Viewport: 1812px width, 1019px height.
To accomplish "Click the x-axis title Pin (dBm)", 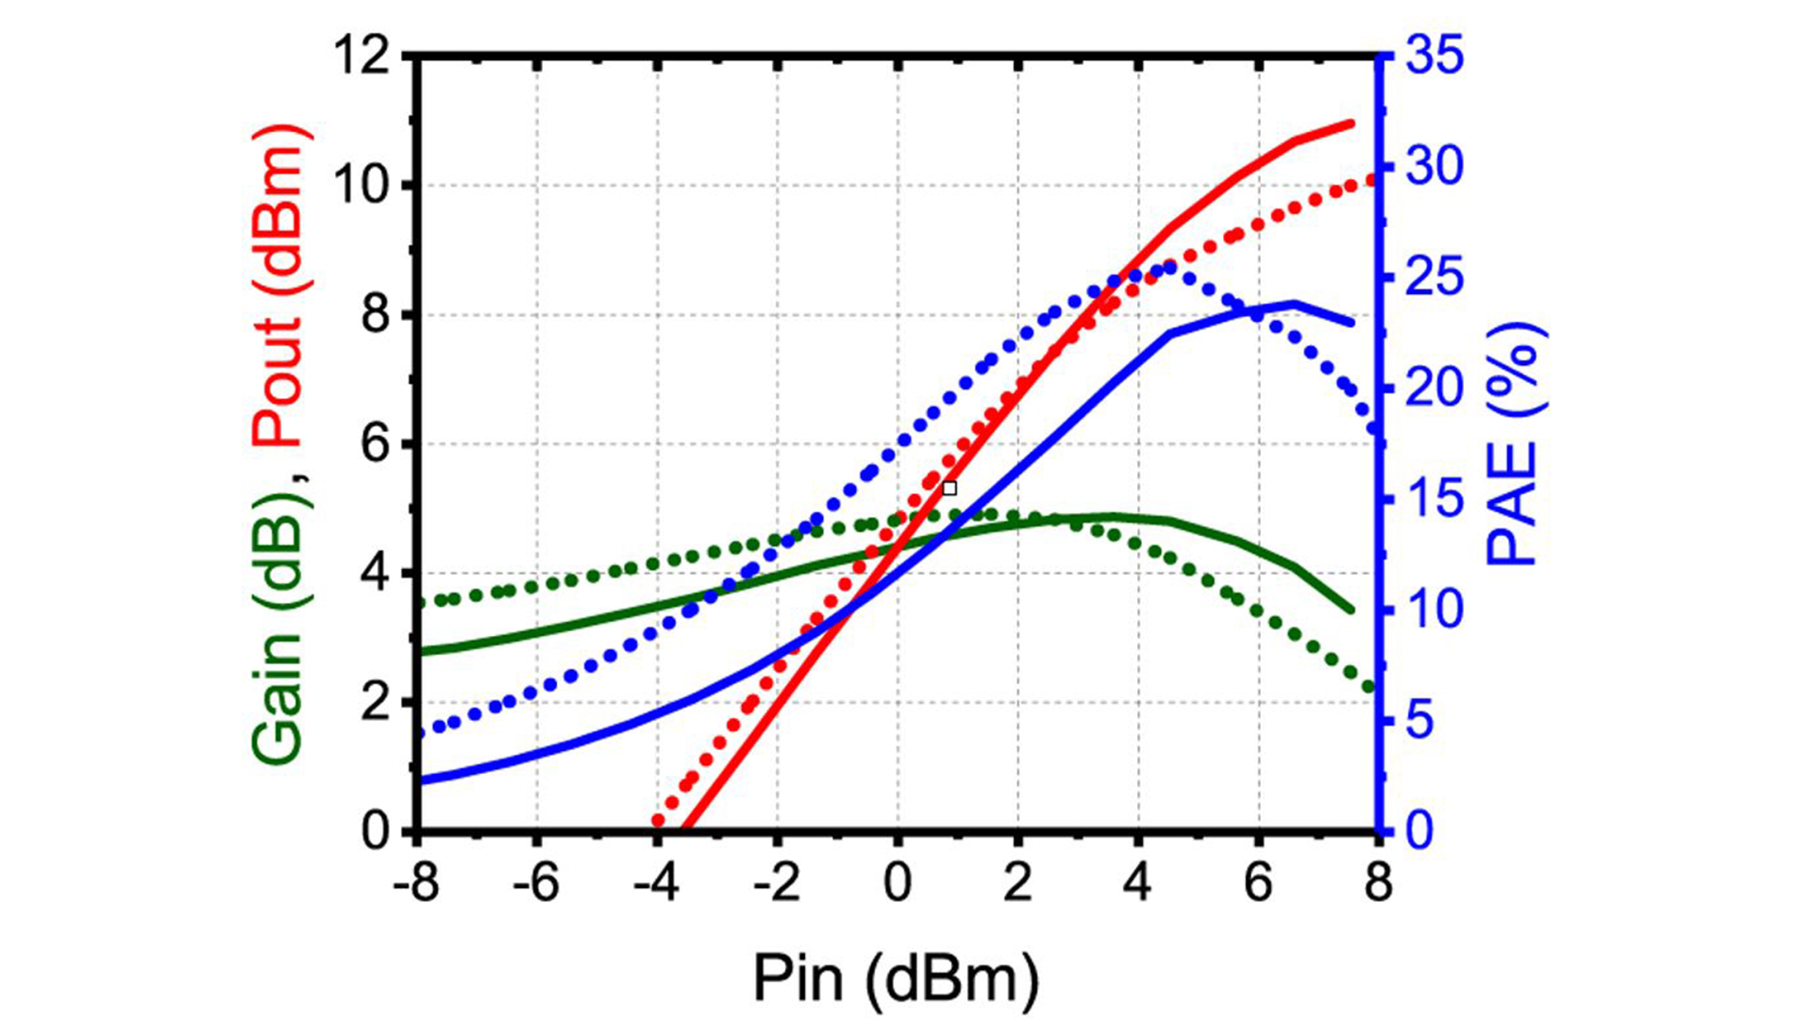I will click(x=896, y=977).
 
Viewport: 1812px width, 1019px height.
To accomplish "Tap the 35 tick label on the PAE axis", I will click(x=1434, y=57).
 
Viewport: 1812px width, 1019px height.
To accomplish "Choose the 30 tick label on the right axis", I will click(x=1434, y=168).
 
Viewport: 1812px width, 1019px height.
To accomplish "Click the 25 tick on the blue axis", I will click(x=1434, y=278).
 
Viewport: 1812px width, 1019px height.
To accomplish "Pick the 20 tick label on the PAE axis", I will click(x=1434, y=389).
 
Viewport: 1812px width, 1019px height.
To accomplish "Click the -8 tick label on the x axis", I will click(x=416, y=884).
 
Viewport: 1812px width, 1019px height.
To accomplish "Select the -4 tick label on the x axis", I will click(x=657, y=884).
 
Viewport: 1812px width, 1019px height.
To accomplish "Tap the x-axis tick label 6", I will click(x=1258, y=884).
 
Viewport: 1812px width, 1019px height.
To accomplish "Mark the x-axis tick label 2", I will click(x=1017, y=884).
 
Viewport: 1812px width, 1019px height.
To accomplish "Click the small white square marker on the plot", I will click(x=949, y=488).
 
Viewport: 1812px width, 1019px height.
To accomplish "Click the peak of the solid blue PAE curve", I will click(x=1294, y=303).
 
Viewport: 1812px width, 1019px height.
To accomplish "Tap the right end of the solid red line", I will click(x=1351, y=124).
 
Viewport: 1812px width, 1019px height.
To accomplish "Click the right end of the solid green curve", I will click(x=1351, y=610).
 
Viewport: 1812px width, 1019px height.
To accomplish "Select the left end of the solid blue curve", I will click(x=421, y=780).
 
